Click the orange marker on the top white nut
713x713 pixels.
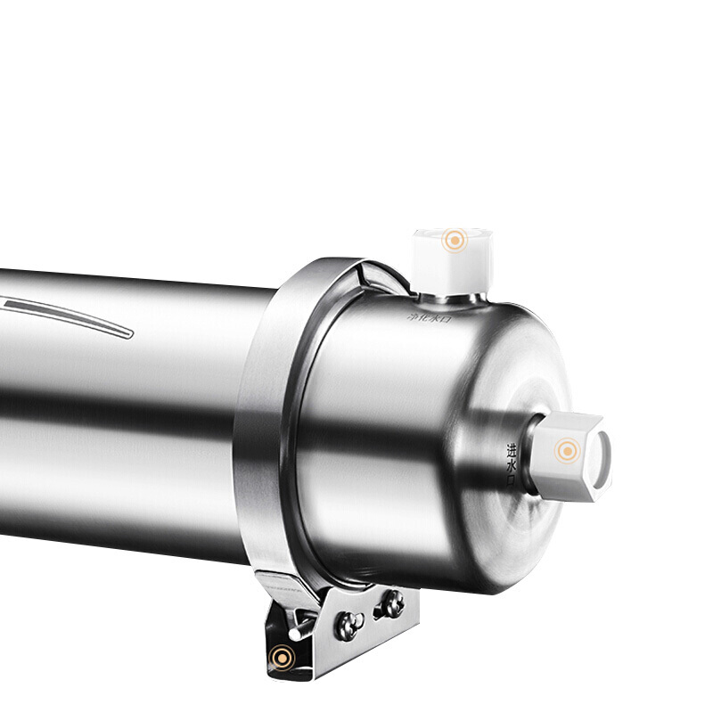point(455,240)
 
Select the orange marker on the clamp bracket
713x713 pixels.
point(283,658)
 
